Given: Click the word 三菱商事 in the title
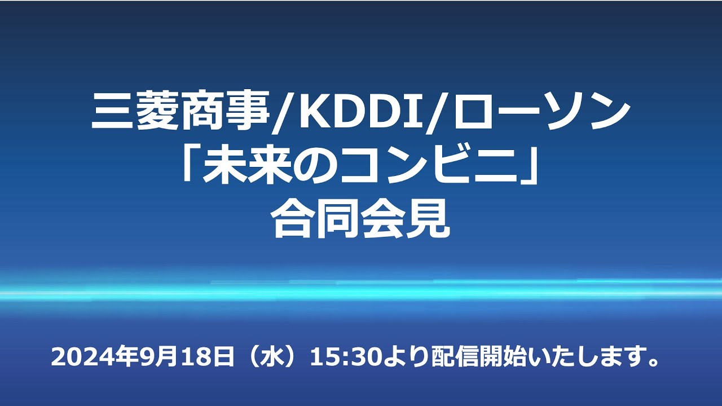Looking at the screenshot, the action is (x=180, y=111).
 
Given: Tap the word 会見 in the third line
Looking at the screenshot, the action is (x=404, y=218).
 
